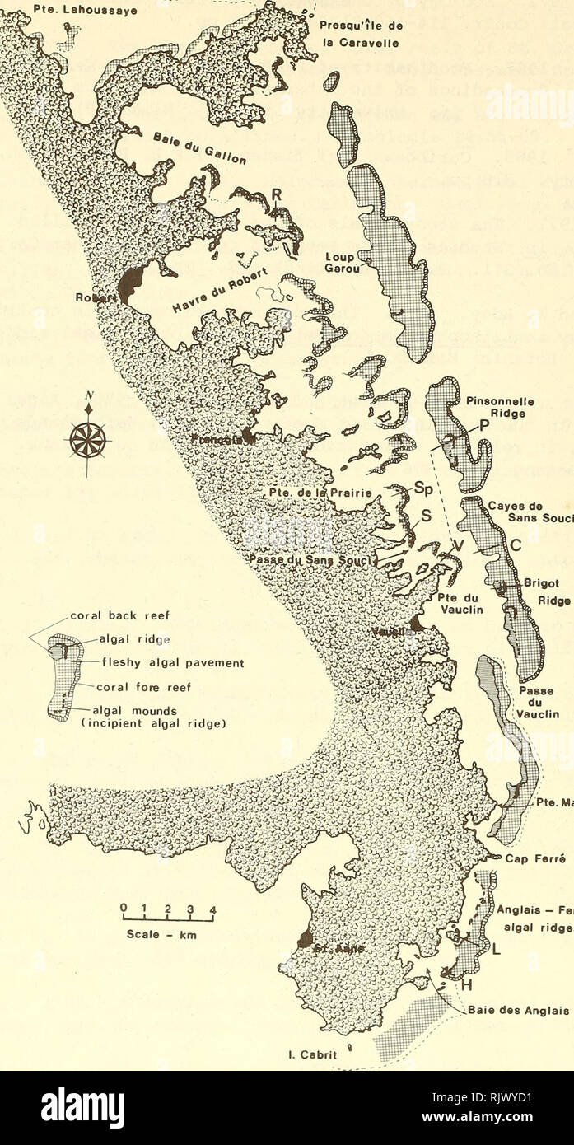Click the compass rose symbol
click(x=87, y=439)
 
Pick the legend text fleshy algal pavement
click(x=164, y=662)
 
